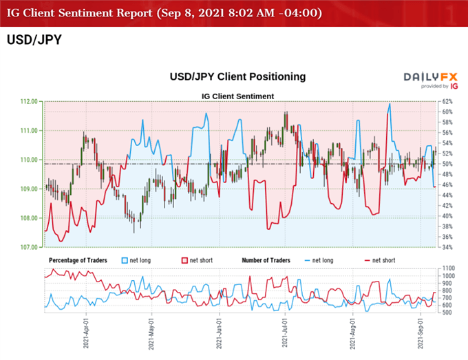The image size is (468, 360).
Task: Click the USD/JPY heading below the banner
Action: click(x=34, y=40)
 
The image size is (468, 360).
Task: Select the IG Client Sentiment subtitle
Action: click(x=237, y=95)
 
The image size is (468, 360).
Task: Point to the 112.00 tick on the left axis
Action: click(x=30, y=101)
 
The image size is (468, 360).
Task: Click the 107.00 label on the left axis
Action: click(x=30, y=247)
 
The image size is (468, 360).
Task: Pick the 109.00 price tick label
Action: click(x=30, y=189)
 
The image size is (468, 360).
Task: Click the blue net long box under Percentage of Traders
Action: click(x=125, y=261)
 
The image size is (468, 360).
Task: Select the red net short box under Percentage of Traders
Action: click(x=183, y=261)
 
